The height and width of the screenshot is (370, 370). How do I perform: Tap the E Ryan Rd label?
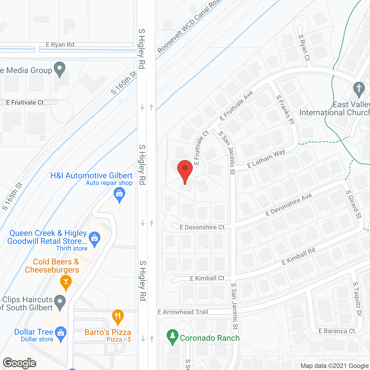60,45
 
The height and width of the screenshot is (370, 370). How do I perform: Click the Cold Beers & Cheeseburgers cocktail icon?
66,282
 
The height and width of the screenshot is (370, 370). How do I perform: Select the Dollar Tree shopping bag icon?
61,333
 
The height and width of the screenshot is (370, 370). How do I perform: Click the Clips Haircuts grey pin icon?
60,302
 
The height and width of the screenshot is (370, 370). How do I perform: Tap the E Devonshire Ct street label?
202,227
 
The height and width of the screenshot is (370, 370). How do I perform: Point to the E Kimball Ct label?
207,278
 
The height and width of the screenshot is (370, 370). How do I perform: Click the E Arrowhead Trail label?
183,312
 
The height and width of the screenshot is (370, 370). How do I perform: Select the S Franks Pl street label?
285,110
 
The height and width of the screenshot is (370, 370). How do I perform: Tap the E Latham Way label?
266,159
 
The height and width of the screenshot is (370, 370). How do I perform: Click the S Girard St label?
354,204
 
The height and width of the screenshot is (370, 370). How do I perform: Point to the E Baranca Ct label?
337,331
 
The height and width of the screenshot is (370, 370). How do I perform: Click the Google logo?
20,363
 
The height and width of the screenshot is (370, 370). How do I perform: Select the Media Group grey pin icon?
60,69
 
